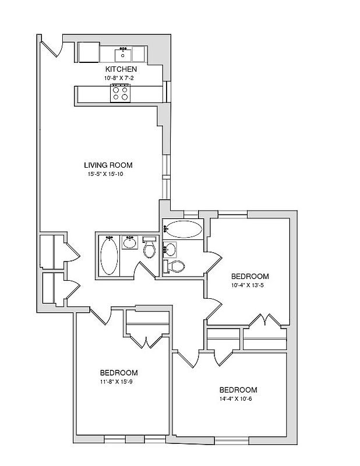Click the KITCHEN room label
tap(121, 69)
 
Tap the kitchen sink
tap(123, 55)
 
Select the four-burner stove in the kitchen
tap(121, 93)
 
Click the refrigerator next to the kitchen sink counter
tap(89, 52)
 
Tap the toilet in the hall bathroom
tap(150, 249)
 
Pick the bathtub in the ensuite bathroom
tap(182, 229)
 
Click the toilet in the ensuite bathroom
tap(176, 266)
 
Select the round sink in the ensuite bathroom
tap(170, 250)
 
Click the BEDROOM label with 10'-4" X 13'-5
tap(249, 276)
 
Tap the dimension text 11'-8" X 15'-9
tap(119, 382)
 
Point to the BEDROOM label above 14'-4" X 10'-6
tap(238, 390)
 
